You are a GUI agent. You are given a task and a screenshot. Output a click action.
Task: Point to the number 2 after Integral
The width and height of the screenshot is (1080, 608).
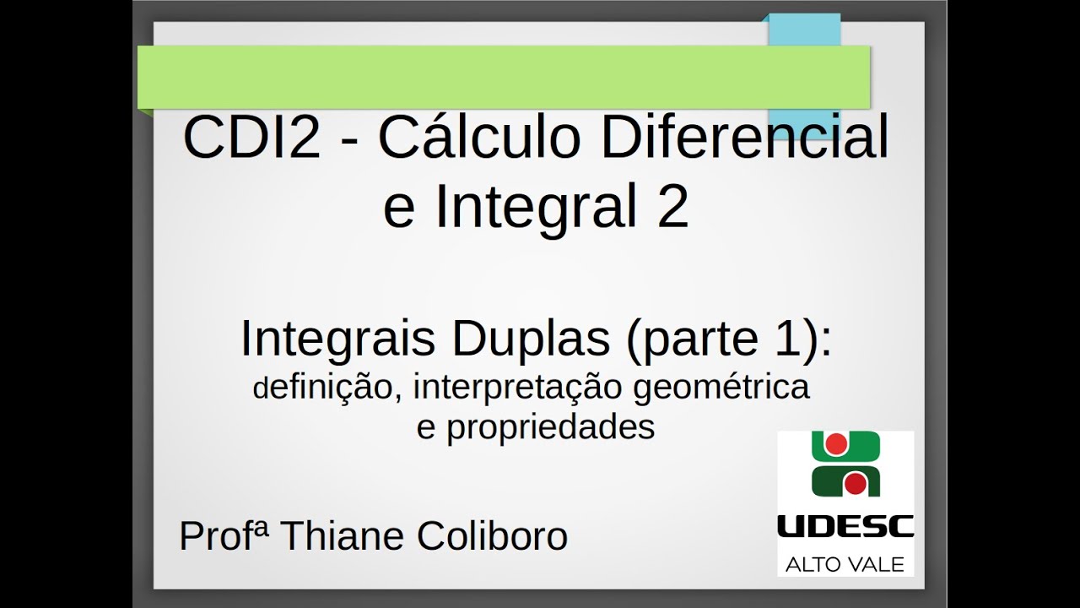pyautogui.click(x=672, y=208)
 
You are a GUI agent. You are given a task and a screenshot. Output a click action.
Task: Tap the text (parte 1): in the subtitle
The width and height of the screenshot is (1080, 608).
pyautogui.click(x=726, y=339)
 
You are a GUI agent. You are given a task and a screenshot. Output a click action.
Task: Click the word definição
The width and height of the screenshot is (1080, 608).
pyautogui.click(x=326, y=388)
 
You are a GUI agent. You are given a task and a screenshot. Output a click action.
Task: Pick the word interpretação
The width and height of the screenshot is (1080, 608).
pyautogui.click(x=516, y=388)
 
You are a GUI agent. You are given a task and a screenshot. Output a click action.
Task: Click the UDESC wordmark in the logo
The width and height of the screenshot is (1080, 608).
pyautogui.click(x=845, y=528)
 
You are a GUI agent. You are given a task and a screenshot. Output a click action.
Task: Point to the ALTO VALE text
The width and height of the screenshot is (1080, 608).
pyautogui.click(x=845, y=563)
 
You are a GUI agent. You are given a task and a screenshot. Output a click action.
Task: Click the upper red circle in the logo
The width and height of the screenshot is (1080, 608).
pyautogui.click(x=834, y=443)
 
